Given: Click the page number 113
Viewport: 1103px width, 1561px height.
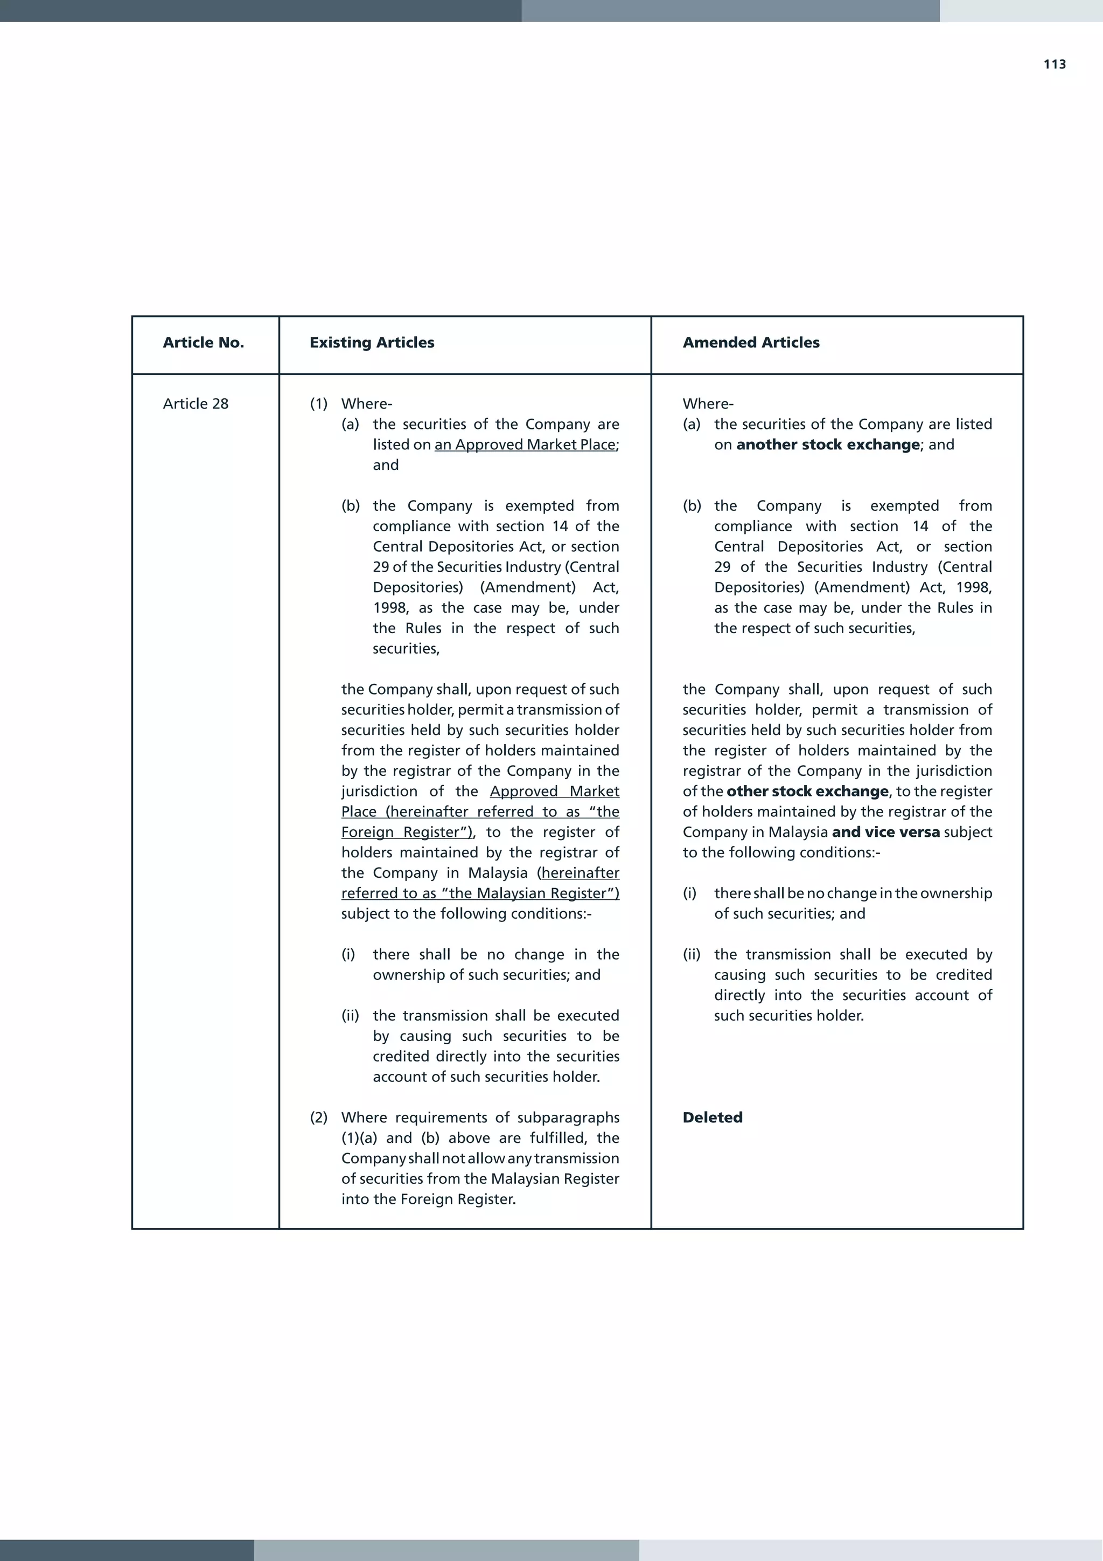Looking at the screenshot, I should [x=1054, y=65].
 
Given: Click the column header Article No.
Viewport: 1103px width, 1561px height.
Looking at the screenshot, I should [x=203, y=343].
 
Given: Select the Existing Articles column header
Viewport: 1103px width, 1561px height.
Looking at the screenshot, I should [x=372, y=343].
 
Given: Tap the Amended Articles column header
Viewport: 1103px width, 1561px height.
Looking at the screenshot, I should [x=751, y=343].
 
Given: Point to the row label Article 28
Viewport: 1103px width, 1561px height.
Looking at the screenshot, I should [x=196, y=404].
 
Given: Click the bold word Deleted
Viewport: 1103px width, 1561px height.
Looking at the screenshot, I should [x=712, y=1118].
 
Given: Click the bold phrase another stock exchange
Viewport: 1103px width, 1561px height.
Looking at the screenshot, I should [x=828, y=445].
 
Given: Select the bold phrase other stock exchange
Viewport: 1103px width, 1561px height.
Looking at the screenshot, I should [x=807, y=792].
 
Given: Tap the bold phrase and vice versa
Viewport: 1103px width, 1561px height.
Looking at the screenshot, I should [x=885, y=832].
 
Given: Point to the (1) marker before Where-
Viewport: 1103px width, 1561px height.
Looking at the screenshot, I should [x=319, y=404].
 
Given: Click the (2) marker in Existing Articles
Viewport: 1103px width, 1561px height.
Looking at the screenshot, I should [x=319, y=1118].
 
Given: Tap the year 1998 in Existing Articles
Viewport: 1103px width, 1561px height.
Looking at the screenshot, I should [x=390, y=608].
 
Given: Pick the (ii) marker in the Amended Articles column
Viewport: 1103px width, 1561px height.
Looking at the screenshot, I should [x=692, y=955].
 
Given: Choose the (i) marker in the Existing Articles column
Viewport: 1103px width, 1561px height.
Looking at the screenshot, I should [x=348, y=955].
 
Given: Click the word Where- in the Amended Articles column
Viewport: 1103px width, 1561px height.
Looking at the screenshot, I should [x=708, y=404].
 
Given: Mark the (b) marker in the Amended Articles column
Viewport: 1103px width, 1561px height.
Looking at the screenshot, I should [x=692, y=506].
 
